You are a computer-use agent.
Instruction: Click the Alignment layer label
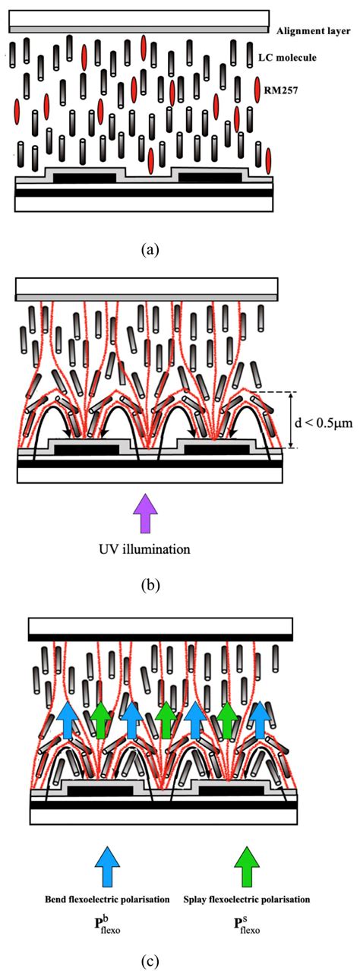[311, 31]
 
